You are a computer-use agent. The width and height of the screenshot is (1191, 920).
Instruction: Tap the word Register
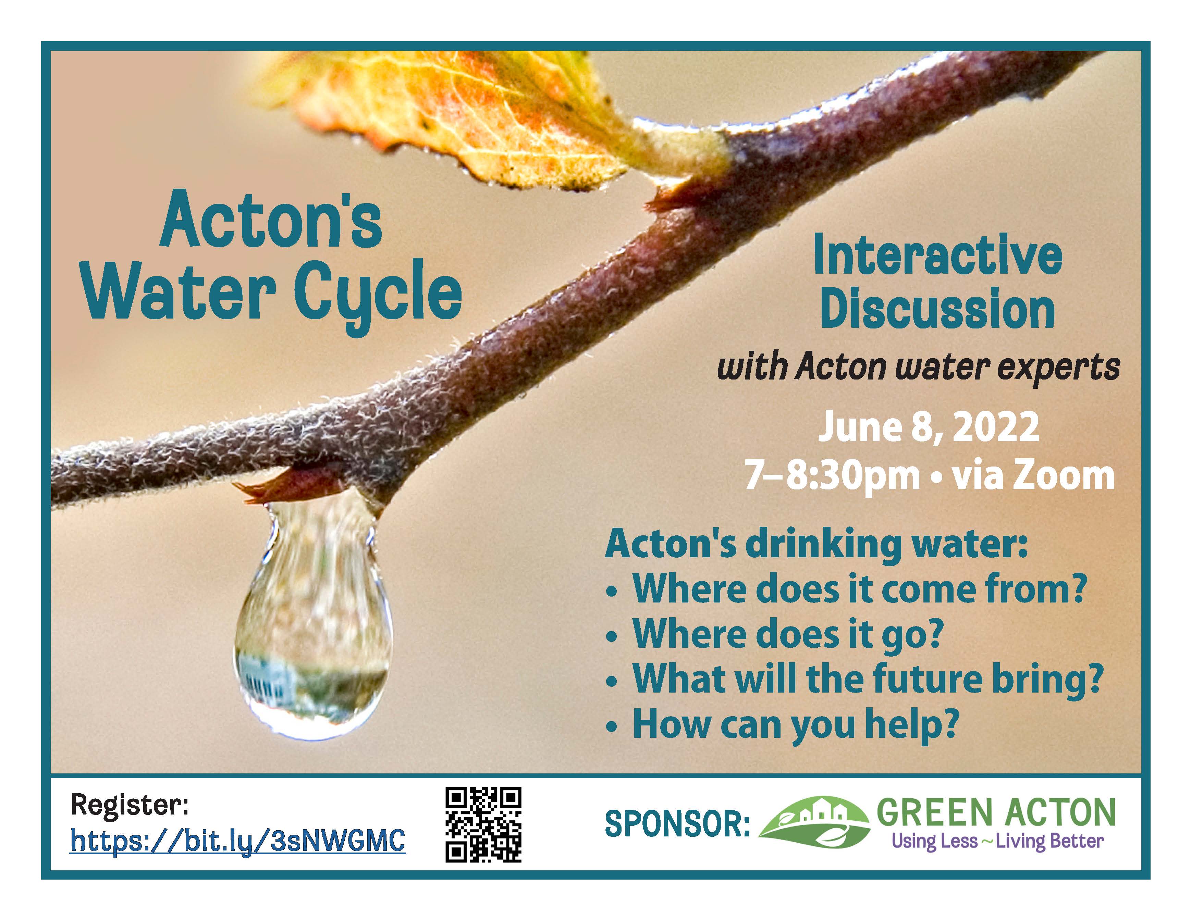129,805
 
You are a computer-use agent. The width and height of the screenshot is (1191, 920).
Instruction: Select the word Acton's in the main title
271,220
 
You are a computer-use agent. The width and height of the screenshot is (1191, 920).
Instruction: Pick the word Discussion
937,309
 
